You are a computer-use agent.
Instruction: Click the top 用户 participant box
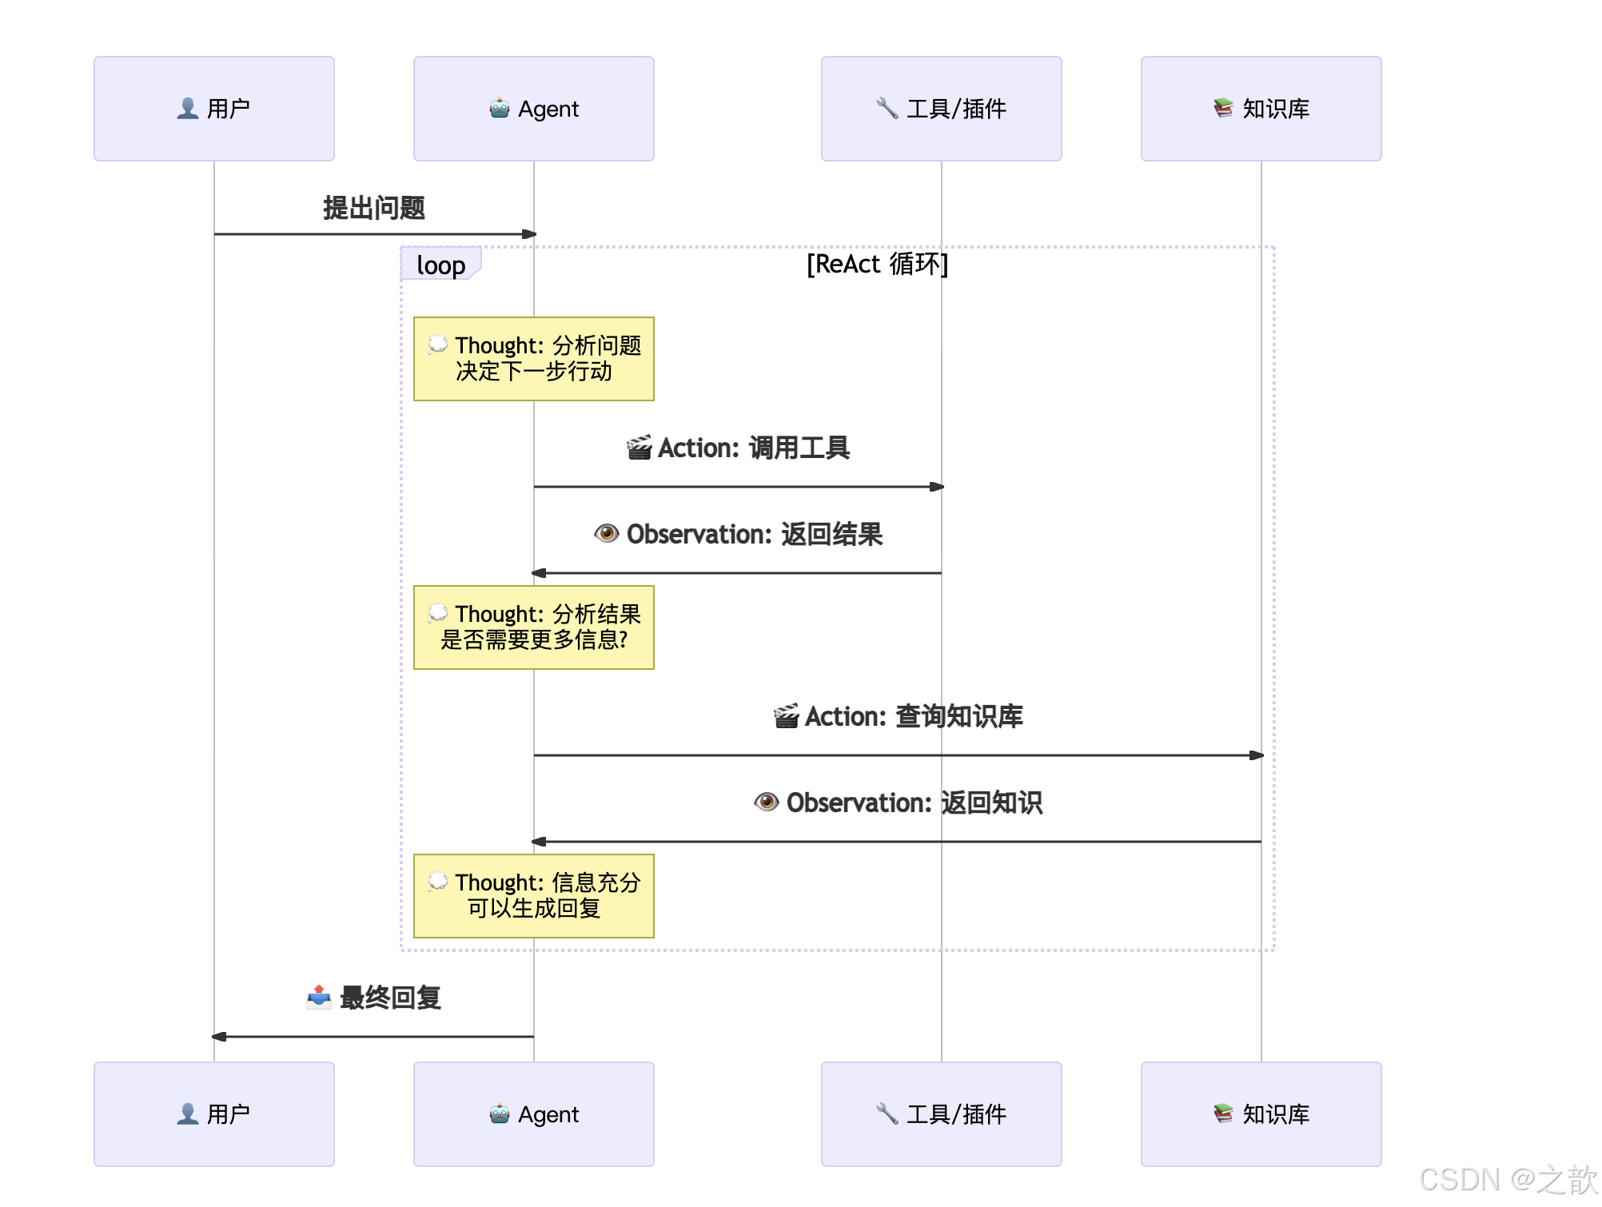coord(213,109)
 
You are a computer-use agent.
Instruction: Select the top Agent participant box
coord(533,109)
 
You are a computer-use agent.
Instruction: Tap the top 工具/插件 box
coord(941,109)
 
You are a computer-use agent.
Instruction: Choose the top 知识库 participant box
coord(1261,109)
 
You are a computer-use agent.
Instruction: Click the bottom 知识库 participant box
coord(1261,1113)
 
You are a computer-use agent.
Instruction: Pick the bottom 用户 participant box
coord(213,1113)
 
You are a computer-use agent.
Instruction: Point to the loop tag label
coord(440,265)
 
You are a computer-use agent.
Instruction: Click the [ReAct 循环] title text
coord(877,264)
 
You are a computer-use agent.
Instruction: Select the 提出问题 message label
coord(373,208)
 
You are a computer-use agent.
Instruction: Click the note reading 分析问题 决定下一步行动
coord(533,359)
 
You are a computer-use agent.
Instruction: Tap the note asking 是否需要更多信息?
coord(533,627)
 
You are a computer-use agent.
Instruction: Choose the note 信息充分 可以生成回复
coord(533,896)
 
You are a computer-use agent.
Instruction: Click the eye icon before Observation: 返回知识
coord(766,802)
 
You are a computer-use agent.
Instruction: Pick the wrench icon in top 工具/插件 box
coord(887,108)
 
